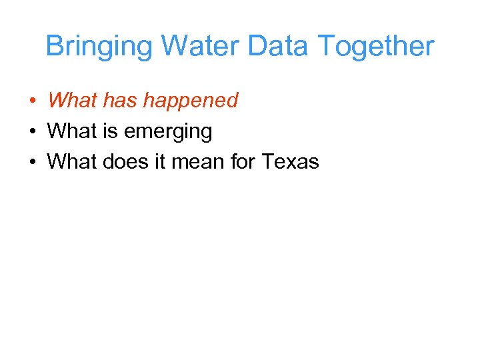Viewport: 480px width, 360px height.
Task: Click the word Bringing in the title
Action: pyautogui.click(x=100, y=47)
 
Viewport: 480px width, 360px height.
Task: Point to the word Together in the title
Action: pyautogui.click(x=377, y=47)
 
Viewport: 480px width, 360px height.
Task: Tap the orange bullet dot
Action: pyautogui.click(x=32, y=101)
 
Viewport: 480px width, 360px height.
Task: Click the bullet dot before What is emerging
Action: pyautogui.click(x=32, y=132)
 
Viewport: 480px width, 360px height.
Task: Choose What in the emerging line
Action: pyautogui.click(x=71, y=131)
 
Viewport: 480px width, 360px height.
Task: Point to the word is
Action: pyautogui.click(x=109, y=131)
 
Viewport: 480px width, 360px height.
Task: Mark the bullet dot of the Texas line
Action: pyautogui.click(x=32, y=163)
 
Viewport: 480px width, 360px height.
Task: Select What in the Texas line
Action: pyautogui.click(x=71, y=162)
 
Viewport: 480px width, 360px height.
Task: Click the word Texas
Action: pyautogui.click(x=291, y=162)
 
